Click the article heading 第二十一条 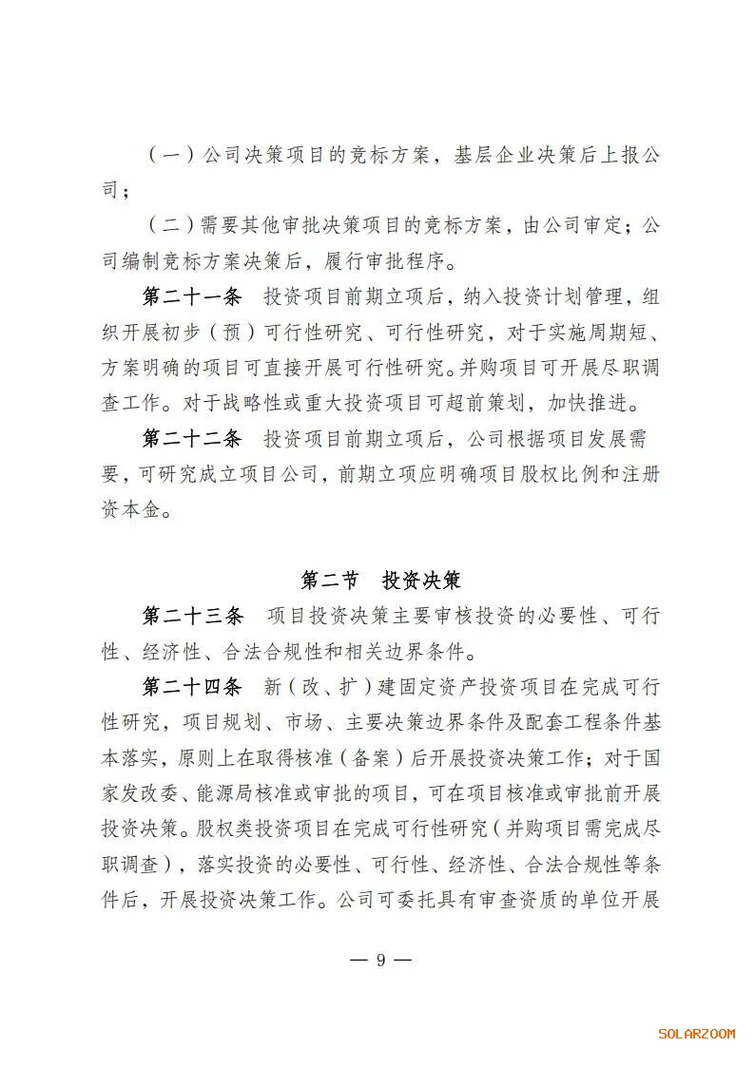(193, 296)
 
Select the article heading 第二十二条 (193, 439)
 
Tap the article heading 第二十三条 (193, 616)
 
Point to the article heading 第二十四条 (193, 687)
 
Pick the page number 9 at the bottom (380, 959)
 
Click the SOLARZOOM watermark (697, 1034)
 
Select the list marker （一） (171, 155)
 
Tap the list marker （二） (171, 226)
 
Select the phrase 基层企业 (486, 155)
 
